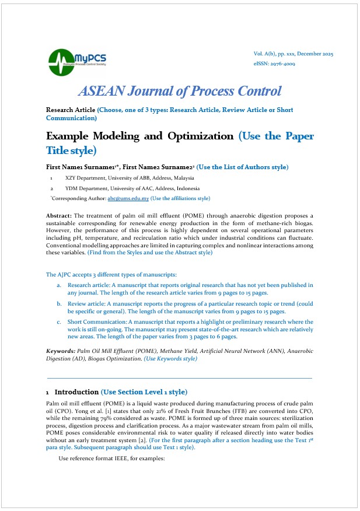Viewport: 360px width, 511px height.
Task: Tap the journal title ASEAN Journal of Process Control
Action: [x=180, y=91]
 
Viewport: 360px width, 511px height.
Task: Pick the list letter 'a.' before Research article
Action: [x=60, y=285]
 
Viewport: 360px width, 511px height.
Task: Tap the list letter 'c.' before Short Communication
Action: [x=60, y=322]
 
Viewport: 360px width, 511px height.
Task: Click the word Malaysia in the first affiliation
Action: [x=183, y=178]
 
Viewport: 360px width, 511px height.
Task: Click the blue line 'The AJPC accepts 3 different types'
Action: [x=111, y=274]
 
